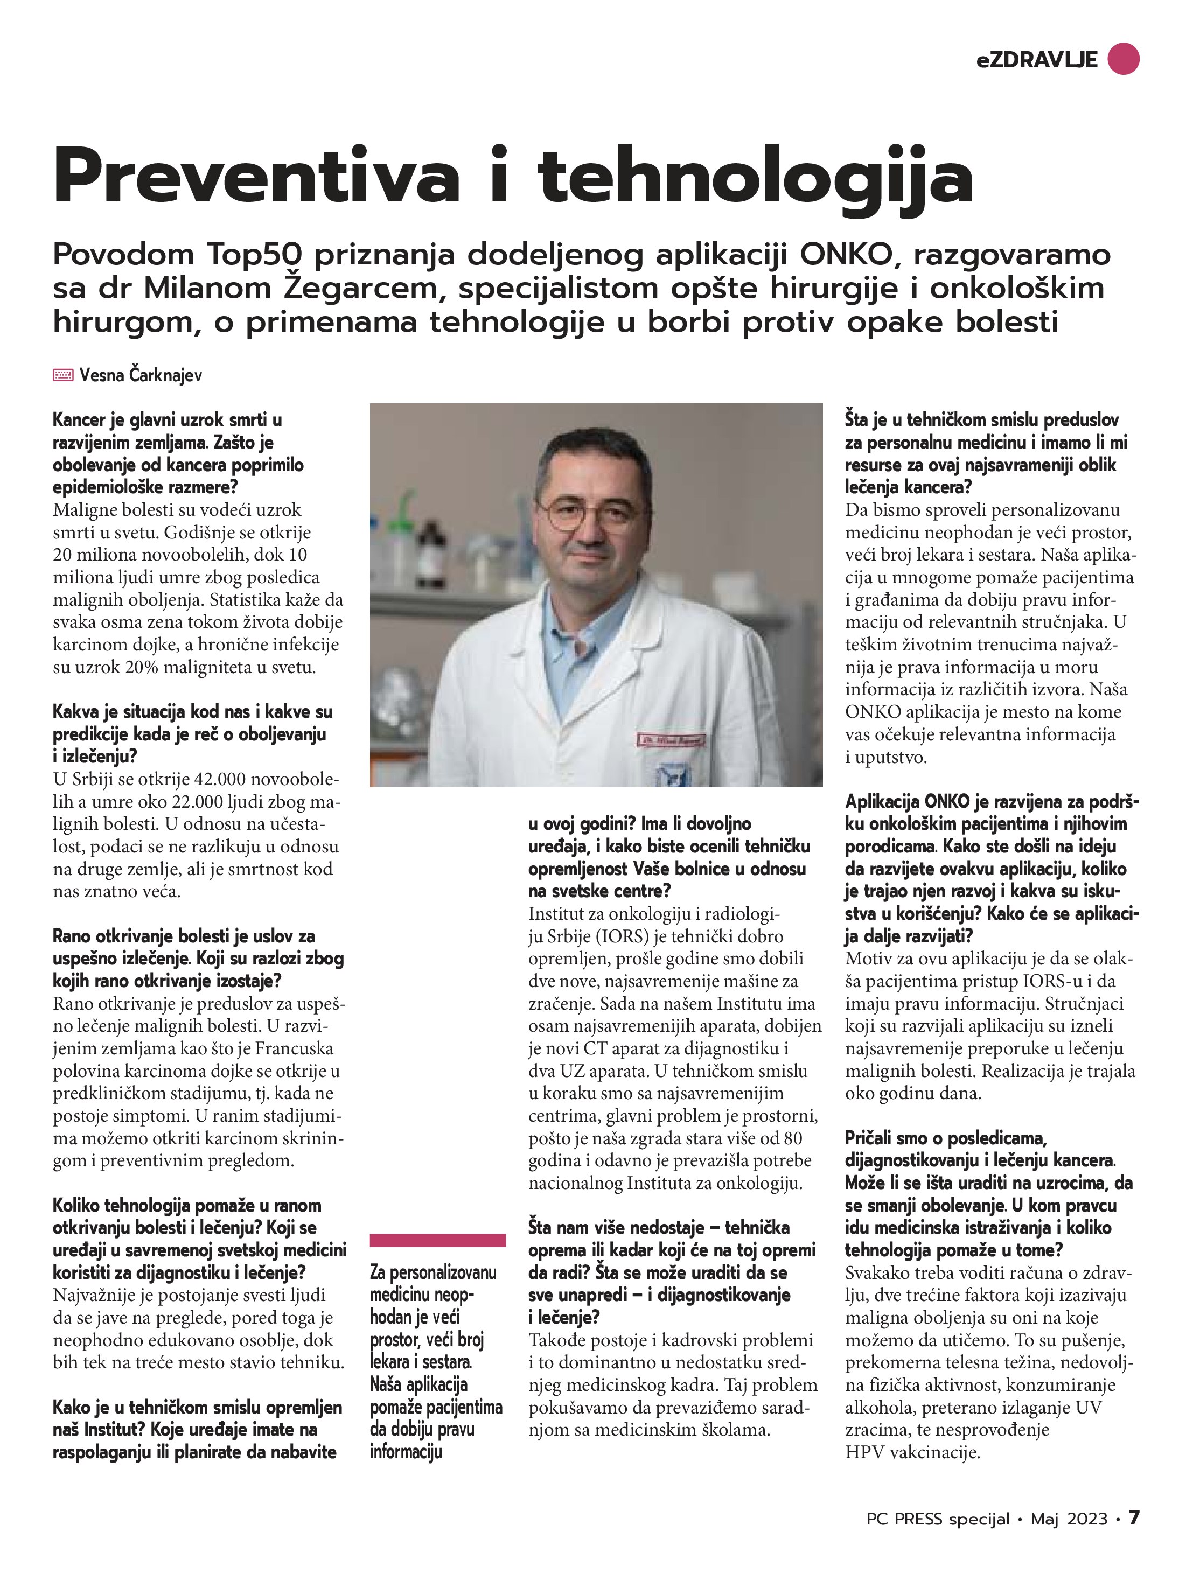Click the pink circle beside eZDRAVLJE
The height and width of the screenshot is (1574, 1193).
1123,59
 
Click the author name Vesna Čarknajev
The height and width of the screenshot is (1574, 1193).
141,375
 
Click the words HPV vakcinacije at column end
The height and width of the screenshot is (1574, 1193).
912,1452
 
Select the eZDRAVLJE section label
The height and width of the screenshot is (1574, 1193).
1036,60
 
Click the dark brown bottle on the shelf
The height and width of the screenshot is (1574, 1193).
431,549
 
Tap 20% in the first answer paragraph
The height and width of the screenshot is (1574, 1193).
144,668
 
